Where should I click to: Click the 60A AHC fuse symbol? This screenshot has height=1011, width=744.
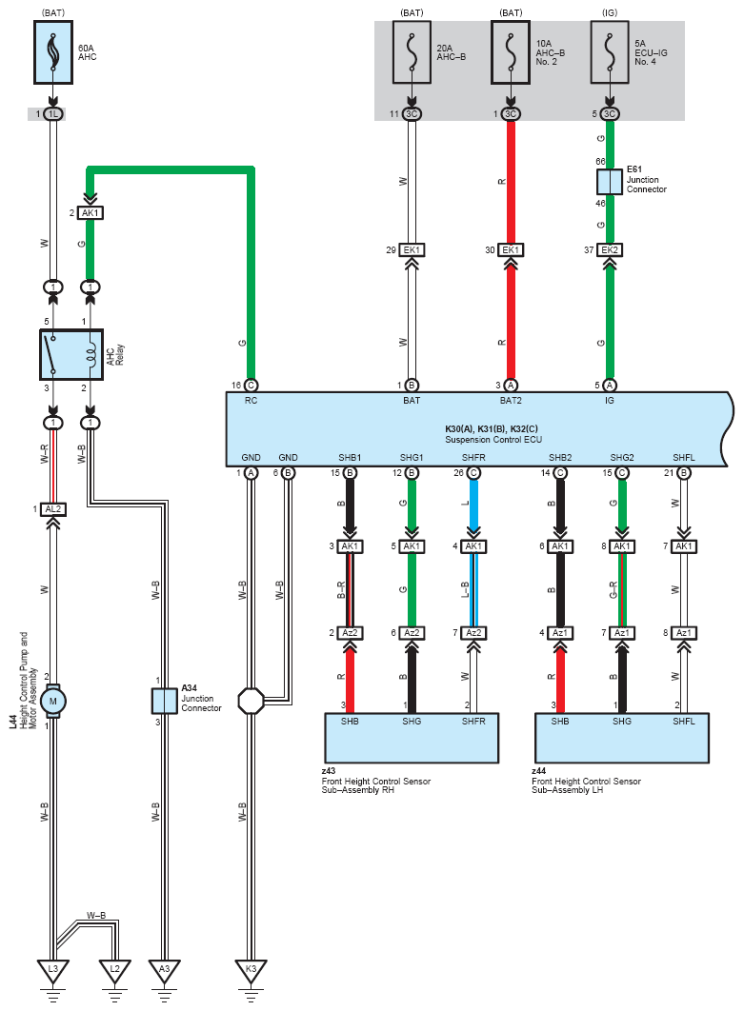pos(53,52)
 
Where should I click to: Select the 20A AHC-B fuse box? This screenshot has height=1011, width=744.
pos(412,52)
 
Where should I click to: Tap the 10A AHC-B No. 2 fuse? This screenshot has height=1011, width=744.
pos(511,52)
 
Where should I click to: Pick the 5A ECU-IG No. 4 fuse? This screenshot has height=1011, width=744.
pos(609,52)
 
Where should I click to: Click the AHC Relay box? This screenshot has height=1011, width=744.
pos(71,355)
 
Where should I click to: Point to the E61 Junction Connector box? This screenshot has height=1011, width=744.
pos(609,182)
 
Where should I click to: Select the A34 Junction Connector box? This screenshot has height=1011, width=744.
pos(164,701)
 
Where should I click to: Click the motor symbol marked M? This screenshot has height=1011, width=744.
pos(53,701)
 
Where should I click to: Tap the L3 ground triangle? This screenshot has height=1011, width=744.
pos(53,970)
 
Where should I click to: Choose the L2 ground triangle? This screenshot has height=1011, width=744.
pos(114,970)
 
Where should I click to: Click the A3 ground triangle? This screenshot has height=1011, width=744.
pos(164,970)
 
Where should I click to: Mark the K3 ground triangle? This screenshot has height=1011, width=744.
pos(251,970)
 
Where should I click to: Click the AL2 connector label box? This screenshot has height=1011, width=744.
pos(53,509)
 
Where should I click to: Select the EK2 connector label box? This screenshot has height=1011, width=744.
pos(609,249)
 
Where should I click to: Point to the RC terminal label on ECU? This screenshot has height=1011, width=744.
pos(251,401)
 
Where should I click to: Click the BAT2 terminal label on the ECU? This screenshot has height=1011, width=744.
pos(511,401)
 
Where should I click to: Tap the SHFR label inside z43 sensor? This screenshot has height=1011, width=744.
pos(473,722)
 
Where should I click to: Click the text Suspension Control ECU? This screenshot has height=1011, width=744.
pos(493,440)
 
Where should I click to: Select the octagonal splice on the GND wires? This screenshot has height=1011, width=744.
pos(251,701)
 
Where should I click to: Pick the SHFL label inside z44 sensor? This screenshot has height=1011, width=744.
pos(683,722)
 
